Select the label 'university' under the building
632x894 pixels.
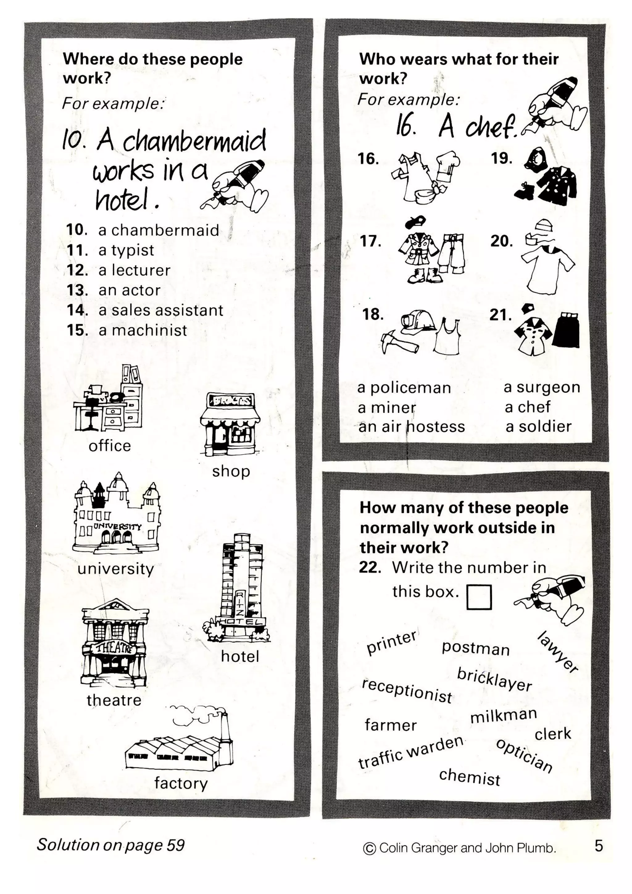pos(116,569)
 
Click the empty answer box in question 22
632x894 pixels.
pos(479,597)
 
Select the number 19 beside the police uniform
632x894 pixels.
pos(501,158)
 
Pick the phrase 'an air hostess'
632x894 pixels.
pos(411,427)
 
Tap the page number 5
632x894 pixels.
pos(599,846)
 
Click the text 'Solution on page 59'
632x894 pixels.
pos(110,845)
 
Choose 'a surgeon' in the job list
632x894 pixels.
pos(542,388)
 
